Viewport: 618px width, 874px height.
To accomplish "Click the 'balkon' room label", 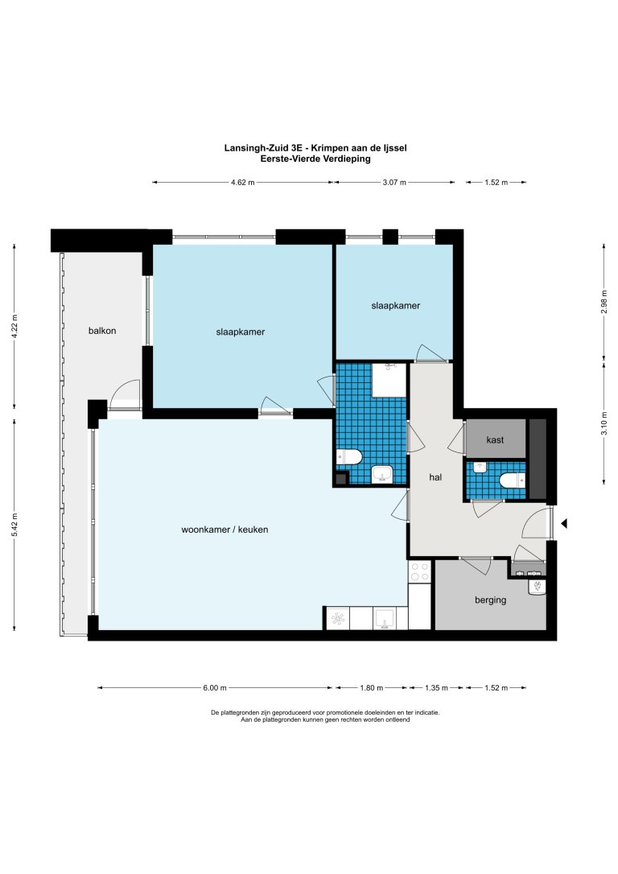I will click(x=102, y=331).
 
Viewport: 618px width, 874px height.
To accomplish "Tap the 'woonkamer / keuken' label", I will click(x=225, y=530).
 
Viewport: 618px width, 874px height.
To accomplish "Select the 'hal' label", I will click(x=435, y=477).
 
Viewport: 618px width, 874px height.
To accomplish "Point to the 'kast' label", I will click(x=496, y=440).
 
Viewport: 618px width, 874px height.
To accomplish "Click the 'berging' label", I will click(x=490, y=600).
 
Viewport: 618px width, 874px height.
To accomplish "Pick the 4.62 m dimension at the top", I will click(x=242, y=183).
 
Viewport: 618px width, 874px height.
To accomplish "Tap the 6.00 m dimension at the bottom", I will click(x=214, y=688).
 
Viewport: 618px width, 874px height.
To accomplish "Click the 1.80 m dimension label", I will click(x=371, y=688).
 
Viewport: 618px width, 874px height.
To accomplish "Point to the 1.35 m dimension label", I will click(x=435, y=688).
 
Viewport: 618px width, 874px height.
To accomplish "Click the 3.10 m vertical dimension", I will click(x=604, y=421).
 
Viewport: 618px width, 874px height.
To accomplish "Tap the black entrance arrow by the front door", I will click(x=564, y=524).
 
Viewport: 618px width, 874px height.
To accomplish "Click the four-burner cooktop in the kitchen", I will click(x=419, y=572).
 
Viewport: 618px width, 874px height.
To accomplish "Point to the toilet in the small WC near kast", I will click(x=511, y=481).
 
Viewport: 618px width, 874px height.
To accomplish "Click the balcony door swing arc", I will click(x=125, y=394).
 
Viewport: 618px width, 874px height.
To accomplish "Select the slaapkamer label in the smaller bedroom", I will click(x=395, y=306).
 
